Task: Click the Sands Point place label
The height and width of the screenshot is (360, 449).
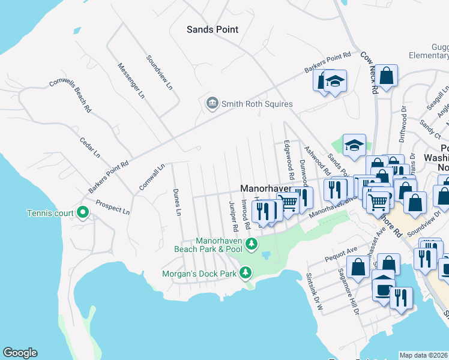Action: (x=212, y=29)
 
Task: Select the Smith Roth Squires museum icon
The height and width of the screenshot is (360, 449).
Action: (x=212, y=104)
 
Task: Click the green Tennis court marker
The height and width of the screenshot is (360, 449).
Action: (x=83, y=213)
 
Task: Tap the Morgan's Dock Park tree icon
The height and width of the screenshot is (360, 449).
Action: (x=245, y=274)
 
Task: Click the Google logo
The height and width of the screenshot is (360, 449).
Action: (x=20, y=353)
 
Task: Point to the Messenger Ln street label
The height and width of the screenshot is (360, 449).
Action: (x=131, y=80)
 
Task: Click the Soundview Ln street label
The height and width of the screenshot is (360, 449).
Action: (x=160, y=73)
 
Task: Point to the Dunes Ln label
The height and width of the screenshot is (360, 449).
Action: (x=177, y=202)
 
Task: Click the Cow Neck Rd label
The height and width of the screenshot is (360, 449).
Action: (x=369, y=71)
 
